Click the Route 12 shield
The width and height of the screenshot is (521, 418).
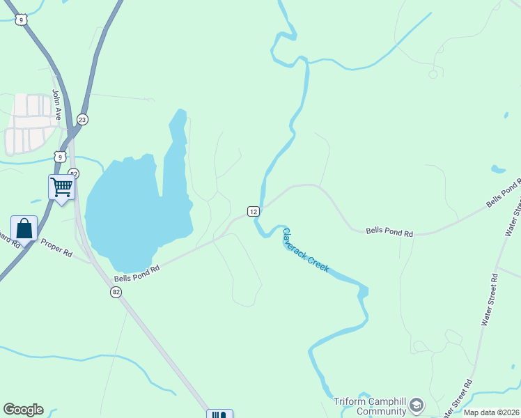tap(254, 211)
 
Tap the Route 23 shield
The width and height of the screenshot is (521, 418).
tap(82, 119)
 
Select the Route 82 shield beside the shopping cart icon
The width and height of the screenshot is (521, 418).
tap(74, 173)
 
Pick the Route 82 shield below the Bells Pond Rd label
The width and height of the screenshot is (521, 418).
tap(116, 293)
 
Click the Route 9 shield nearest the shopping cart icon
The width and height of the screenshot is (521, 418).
tap(61, 157)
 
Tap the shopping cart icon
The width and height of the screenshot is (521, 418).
tap(62, 187)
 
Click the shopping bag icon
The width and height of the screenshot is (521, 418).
tap(24, 229)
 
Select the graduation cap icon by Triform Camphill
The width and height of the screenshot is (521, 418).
tap(417, 405)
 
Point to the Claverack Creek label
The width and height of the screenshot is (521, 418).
tap(305, 250)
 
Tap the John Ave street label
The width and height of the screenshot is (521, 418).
tap(57, 104)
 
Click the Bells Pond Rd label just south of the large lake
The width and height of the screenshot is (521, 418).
tap(137, 272)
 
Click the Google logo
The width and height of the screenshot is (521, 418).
tap(23, 410)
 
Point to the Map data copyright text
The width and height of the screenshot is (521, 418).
tap(492, 412)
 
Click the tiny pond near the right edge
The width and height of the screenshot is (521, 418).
tap(498, 169)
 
